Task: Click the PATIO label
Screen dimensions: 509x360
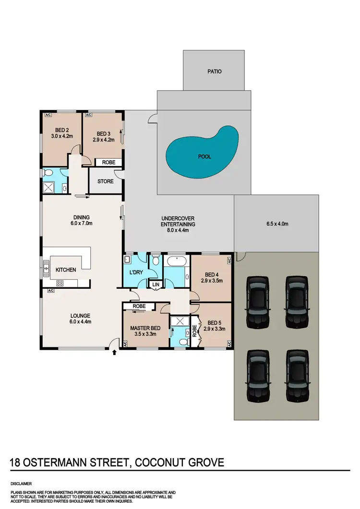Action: pyautogui.click(x=215, y=71)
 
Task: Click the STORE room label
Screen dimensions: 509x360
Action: pyautogui.click(x=106, y=181)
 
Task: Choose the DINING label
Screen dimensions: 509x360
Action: pyautogui.click(x=82, y=217)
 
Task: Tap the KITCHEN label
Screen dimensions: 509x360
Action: pyautogui.click(x=66, y=270)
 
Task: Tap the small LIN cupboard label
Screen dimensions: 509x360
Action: pyautogui.click(x=156, y=284)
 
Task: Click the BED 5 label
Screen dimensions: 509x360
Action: pyautogui.click(x=214, y=322)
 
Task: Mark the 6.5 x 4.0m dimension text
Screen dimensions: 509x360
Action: pyautogui.click(x=276, y=224)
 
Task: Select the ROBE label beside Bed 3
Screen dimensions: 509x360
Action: pyautogui.click(x=108, y=162)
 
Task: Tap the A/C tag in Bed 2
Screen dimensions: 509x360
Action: pyautogui.click(x=48, y=115)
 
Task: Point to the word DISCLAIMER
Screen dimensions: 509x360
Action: pyautogui.click(x=22, y=484)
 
